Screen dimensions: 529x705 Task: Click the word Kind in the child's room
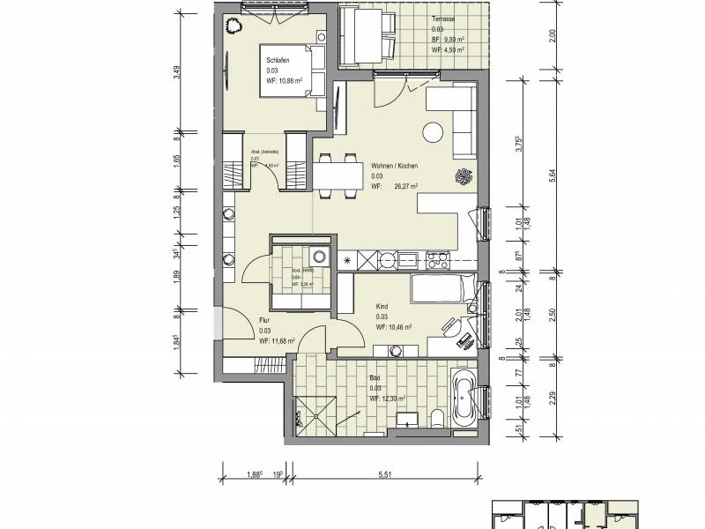[382, 306]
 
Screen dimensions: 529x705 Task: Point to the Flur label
[264, 320]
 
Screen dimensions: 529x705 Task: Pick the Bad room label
[375, 377]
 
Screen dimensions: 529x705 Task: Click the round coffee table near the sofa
[433, 132]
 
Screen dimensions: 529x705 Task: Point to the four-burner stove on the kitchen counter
[437, 259]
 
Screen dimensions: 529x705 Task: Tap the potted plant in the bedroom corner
[235, 26]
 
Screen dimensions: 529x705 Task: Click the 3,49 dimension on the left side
[177, 74]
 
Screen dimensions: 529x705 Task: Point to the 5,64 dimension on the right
[552, 175]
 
